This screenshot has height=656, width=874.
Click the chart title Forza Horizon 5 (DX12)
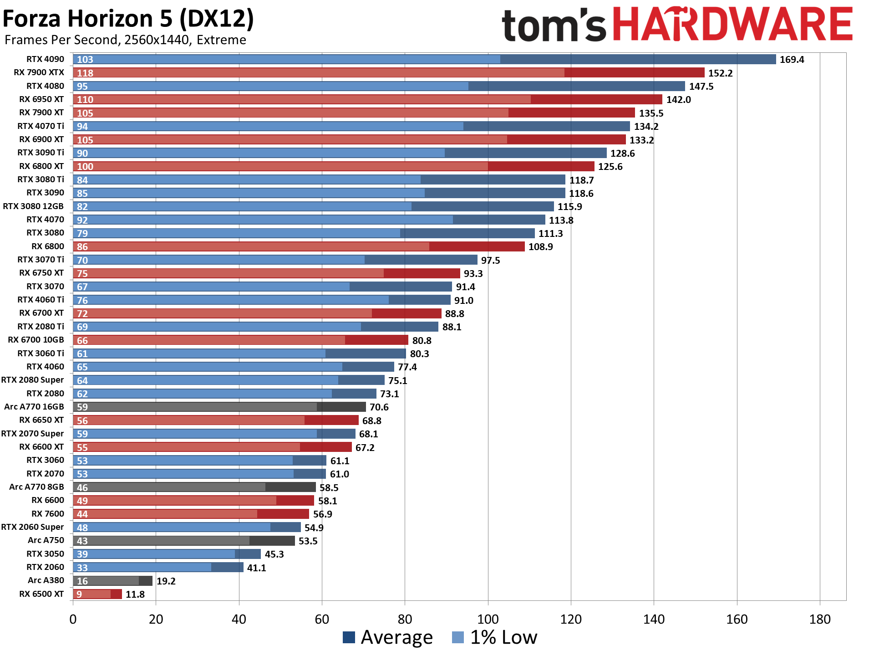click(x=128, y=19)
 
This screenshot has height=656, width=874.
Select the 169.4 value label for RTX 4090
click(x=792, y=60)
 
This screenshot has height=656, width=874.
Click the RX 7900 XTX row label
click(x=39, y=72)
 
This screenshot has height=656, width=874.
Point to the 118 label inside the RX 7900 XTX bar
click(x=85, y=73)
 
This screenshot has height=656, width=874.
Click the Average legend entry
click(x=387, y=637)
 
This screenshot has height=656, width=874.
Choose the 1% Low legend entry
click(x=495, y=637)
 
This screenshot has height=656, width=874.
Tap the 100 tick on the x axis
click(x=488, y=619)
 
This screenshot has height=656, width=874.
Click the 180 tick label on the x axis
click(x=819, y=619)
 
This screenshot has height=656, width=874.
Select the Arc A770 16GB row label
click(x=34, y=407)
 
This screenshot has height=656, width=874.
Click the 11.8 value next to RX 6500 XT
click(x=135, y=594)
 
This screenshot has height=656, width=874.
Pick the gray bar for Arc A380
click(x=112, y=581)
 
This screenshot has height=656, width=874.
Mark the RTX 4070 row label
click(x=45, y=220)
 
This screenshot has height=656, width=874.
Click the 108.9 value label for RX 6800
click(x=540, y=247)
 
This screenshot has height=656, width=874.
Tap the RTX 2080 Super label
click(x=32, y=380)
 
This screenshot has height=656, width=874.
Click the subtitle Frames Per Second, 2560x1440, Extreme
click(x=125, y=40)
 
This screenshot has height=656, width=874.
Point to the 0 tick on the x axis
click(x=73, y=619)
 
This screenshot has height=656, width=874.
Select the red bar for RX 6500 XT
click(x=97, y=594)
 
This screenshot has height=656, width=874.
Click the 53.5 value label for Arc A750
click(x=308, y=541)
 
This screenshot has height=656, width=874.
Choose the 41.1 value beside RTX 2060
click(x=256, y=568)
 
